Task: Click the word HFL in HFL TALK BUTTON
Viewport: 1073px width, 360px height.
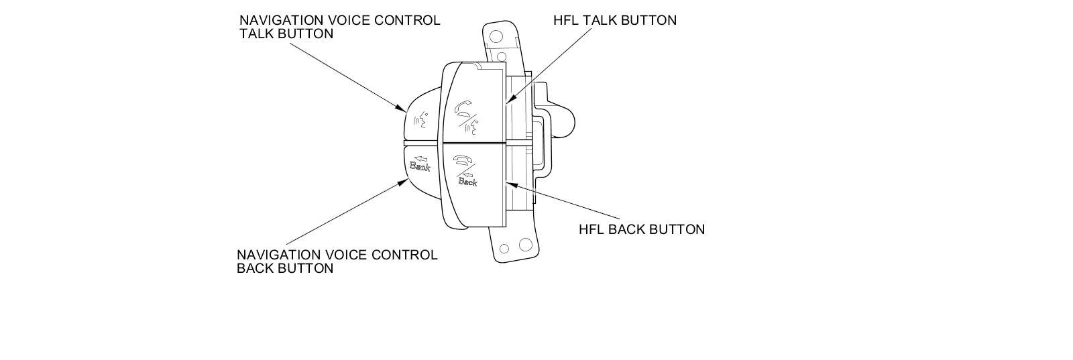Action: tap(566, 20)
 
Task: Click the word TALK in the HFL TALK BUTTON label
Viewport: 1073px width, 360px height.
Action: tap(600, 20)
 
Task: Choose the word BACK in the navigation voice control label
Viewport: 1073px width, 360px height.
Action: tap(255, 269)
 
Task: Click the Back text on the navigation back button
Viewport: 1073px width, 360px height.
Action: tap(420, 166)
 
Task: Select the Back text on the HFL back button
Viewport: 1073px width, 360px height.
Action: tap(467, 181)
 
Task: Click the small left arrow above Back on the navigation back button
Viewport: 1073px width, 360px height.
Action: tap(422, 158)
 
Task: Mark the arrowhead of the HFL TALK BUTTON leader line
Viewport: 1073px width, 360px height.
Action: tap(507, 103)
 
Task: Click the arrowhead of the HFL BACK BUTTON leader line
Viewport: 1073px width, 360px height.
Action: tap(507, 182)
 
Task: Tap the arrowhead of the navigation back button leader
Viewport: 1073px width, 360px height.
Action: tap(404, 180)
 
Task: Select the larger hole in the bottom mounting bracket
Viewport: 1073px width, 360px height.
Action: tap(525, 245)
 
